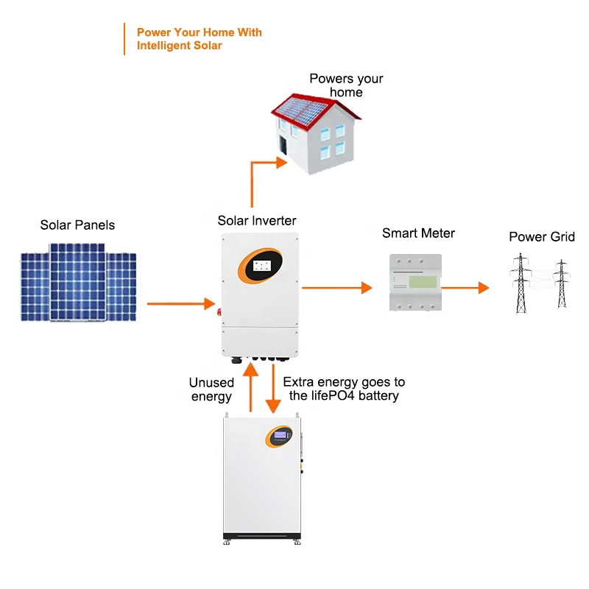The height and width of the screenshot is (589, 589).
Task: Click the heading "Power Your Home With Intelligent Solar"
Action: coord(199,39)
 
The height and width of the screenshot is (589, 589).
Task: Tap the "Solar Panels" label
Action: coord(77,225)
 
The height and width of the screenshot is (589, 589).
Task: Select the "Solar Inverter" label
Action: coord(257,221)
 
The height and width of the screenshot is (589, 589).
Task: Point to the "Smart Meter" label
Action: coord(418,233)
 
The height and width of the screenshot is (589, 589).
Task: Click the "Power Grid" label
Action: coord(542,237)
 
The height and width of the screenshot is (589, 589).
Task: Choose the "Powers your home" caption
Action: coord(346,85)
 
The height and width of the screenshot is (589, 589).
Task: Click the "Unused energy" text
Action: coord(211,389)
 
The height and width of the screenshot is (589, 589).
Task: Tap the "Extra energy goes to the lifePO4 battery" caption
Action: coord(344,389)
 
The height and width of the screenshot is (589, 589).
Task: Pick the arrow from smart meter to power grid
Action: coord(465,287)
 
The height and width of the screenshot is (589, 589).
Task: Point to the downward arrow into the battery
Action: coord(273,390)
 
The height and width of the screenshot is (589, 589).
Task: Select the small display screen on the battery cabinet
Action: coord(280,436)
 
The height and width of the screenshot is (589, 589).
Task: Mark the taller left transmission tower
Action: coord(521,283)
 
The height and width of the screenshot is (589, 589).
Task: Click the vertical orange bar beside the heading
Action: coord(124,39)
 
